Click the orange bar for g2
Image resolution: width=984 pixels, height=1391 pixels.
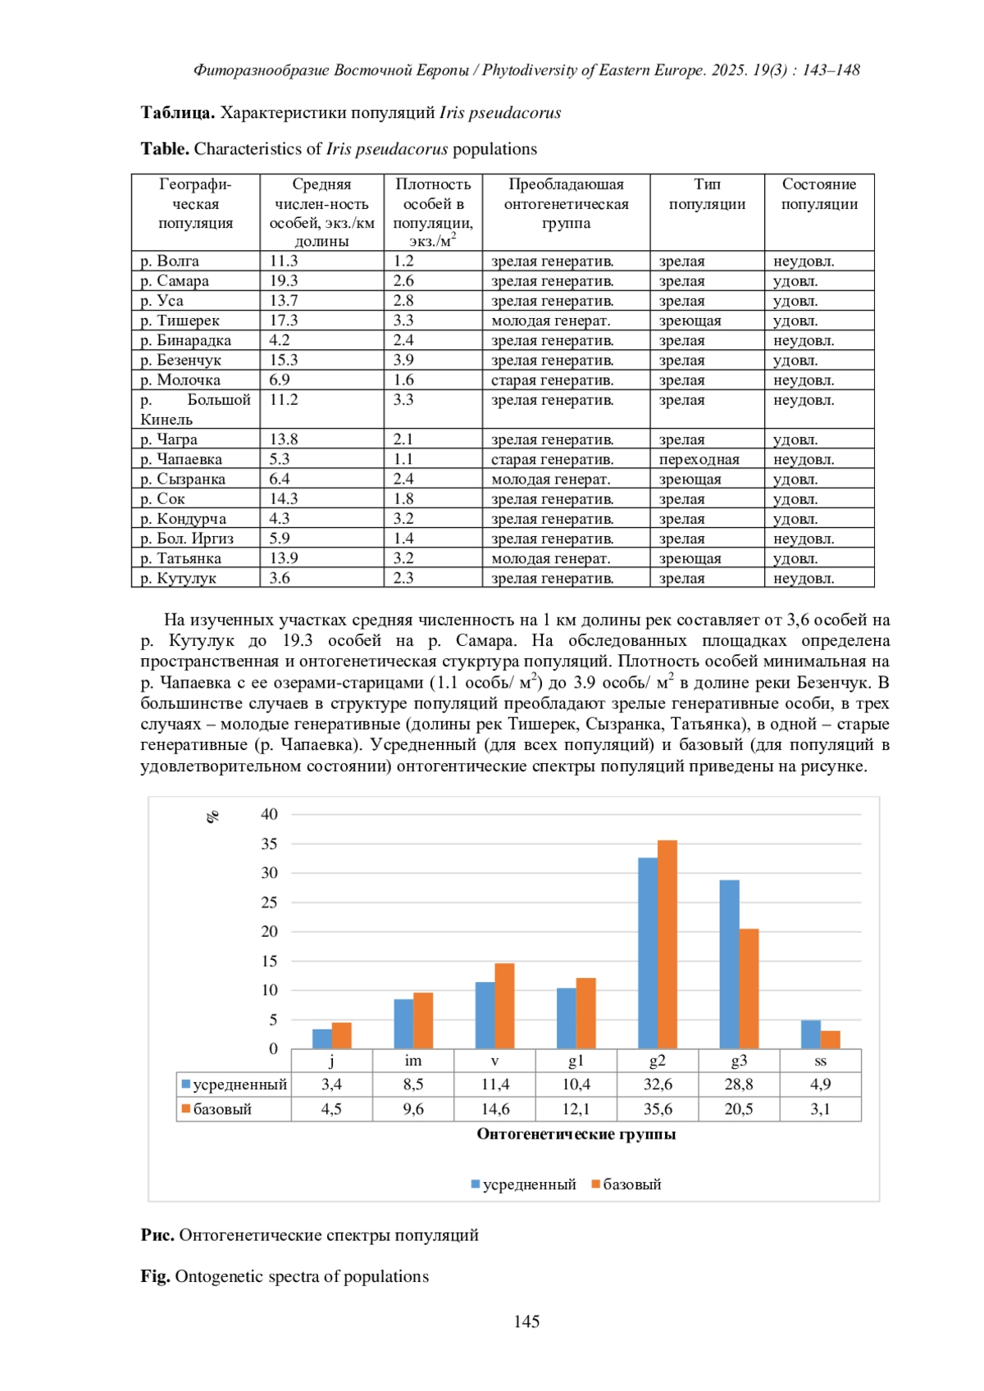[667, 944]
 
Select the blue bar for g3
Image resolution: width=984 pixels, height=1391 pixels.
[729, 964]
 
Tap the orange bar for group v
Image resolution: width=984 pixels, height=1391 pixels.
[504, 1006]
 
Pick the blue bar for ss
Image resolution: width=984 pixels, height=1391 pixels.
[810, 1034]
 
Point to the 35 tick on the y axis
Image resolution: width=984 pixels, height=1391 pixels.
[269, 843]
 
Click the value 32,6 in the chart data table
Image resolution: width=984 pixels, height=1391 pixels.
[657, 1084]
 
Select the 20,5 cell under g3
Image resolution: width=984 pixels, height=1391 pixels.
[738, 1109]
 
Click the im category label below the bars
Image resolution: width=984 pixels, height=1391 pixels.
[413, 1061]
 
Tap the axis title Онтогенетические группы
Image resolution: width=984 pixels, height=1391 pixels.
[576, 1134]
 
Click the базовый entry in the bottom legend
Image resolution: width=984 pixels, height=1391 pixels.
[631, 1184]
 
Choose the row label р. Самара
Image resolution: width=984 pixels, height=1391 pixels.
[175, 281]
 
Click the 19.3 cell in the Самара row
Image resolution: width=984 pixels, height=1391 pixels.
[285, 281]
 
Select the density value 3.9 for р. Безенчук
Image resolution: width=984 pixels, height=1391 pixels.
[403, 360]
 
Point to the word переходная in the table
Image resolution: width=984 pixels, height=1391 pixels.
[699, 459]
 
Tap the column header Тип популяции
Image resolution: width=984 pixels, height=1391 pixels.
[707, 194]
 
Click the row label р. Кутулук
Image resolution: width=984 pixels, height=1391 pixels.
[178, 578]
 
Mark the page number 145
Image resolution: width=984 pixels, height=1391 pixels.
[526, 1321]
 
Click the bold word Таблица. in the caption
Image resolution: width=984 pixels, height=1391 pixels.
[177, 113]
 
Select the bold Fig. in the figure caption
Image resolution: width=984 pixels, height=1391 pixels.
[155, 1276]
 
